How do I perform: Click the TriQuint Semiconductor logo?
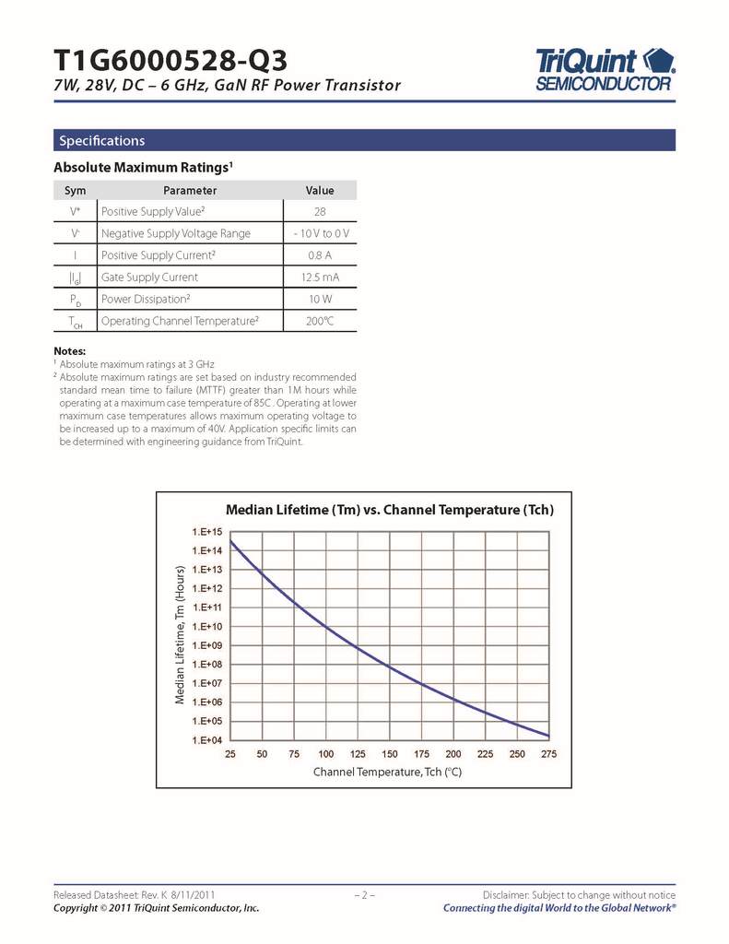[605, 69]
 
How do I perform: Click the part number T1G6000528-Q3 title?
[170, 61]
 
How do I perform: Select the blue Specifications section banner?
[364, 140]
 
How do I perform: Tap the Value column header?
[320, 191]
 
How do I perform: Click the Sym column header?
[75, 191]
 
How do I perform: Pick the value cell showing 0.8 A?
[320, 255]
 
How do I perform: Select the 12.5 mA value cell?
[320, 277]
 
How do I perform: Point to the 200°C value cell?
[320, 321]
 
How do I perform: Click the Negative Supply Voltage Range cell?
[175, 233]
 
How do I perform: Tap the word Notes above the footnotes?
[69, 351]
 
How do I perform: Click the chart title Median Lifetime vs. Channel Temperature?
[390, 510]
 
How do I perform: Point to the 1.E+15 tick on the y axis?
[207, 532]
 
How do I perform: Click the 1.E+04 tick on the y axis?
[207, 740]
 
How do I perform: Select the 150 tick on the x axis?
[390, 754]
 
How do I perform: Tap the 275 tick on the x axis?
[549, 754]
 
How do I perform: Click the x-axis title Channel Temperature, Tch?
[387, 772]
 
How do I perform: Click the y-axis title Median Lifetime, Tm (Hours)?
[181, 636]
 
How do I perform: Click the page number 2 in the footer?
[364, 895]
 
